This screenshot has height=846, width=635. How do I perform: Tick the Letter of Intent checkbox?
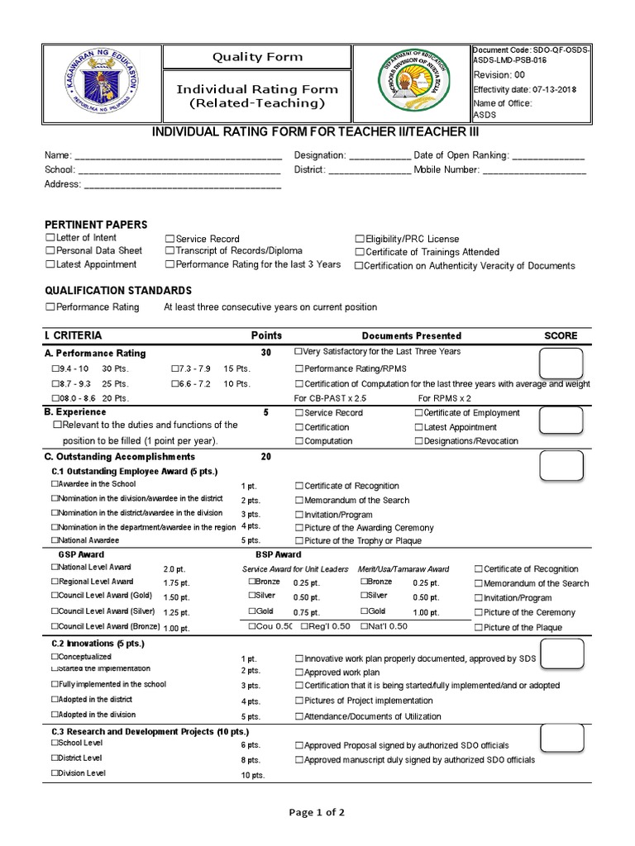[x=50, y=238]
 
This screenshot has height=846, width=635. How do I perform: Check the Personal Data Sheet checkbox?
[x=50, y=251]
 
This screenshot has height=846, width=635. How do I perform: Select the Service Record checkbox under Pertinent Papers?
[x=169, y=238]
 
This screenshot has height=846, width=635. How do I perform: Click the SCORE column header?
[x=561, y=336]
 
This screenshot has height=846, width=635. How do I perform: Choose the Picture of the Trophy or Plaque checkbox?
[x=299, y=541]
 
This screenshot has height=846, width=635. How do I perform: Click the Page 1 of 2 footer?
[x=317, y=812]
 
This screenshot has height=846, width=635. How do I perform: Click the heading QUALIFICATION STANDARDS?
[x=117, y=291]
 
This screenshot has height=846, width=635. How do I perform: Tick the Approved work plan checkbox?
[x=299, y=673]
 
